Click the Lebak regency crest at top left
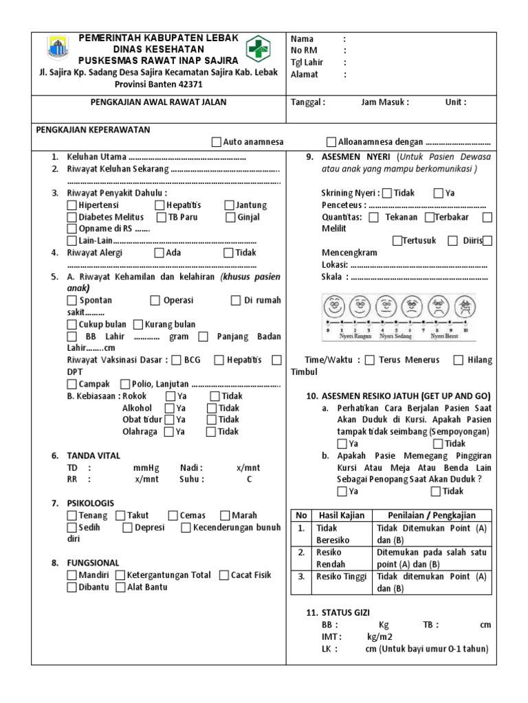(x=57, y=48)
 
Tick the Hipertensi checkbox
(x=72, y=205)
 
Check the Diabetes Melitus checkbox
(x=72, y=217)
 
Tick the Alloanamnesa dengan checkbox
(x=331, y=142)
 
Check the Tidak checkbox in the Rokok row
(x=215, y=396)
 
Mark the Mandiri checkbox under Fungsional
(x=72, y=575)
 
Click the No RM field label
(x=305, y=50)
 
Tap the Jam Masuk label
(x=384, y=102)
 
